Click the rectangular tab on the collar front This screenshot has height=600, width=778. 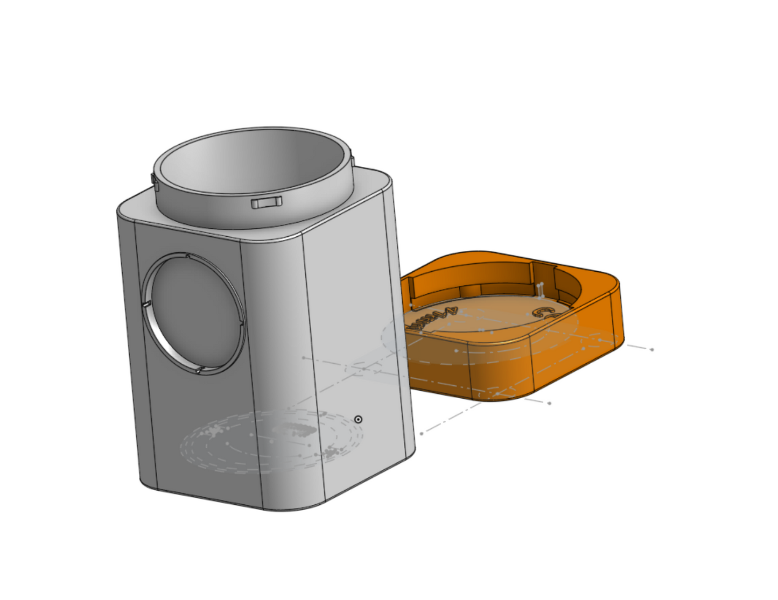click(267, 202)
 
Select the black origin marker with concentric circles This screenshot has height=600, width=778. click(358, 419)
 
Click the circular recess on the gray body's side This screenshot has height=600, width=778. click(194, 312)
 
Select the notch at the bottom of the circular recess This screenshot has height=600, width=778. click(199, 370)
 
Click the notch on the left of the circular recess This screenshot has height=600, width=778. click(145, 305)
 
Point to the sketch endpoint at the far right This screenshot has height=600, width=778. click(652, 349)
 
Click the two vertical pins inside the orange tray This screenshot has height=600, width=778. click(540, 290)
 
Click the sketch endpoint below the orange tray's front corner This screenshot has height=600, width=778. click(549, 403)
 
